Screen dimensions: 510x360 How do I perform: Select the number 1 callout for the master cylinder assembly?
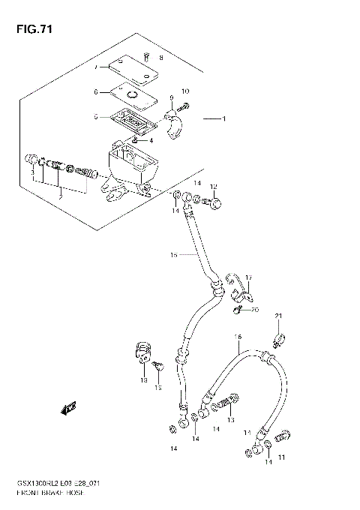(223, 118)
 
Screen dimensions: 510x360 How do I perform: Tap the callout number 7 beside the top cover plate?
(96, 67)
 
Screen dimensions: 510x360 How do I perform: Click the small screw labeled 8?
(148, 56)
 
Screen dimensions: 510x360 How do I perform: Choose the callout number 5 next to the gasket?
(95, 116)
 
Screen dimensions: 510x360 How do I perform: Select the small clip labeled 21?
(277, 340)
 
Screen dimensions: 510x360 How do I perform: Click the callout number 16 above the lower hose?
(238, 337)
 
